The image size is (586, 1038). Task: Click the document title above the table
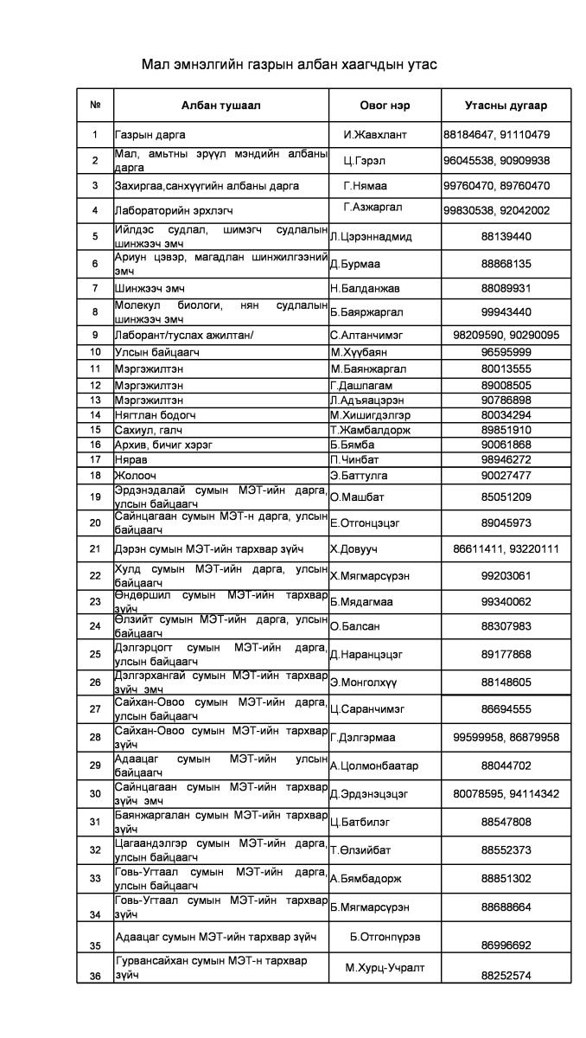coord(290,65)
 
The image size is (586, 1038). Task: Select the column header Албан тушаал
coord(220,106)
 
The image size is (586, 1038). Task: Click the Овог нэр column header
coord(385,106)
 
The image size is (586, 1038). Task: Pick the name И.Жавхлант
coord(375,135)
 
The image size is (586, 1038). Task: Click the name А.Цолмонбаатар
coord(374,766)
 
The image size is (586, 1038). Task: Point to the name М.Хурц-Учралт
coord(385,967)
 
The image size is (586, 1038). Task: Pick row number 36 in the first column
coord(95,976)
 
